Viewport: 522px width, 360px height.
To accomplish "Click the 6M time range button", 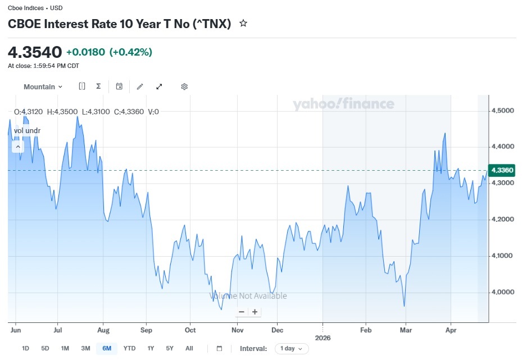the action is [x=107, y=348].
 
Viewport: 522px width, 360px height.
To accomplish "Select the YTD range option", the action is [x=129, y=348].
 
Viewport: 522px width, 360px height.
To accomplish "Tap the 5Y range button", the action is [x=170, y=348].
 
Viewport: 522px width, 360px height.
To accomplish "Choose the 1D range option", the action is [x=25, y=348].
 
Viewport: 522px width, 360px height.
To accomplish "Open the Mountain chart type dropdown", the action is [x=43, y=87].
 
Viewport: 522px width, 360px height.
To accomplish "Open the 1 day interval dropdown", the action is [x=292, y=348].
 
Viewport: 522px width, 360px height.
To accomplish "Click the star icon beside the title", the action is [x=243, y=23].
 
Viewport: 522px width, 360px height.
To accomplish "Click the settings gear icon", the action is [x=184, y=86].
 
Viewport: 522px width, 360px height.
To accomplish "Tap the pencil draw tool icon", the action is [x=140, y=86].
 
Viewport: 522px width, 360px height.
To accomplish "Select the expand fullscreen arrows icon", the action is [x=159, y=86].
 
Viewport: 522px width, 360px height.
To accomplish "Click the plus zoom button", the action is [x=255, y=312].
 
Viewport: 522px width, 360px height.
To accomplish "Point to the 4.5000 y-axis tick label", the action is [x=503, y=111].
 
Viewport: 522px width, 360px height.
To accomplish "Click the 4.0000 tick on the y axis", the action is [x=503, y=292].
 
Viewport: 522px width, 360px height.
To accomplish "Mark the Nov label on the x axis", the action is [x=237, y=330].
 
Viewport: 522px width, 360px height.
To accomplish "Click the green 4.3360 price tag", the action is [x=502, y=170].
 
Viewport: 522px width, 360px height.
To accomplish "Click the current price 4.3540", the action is [x=35, y=52].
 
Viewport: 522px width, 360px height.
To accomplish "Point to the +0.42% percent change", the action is [x=131, y=52].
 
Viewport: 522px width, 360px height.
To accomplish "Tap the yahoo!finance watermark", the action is [x=343, y=104].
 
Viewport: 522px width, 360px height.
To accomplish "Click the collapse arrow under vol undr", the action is [x=18, y=147].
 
